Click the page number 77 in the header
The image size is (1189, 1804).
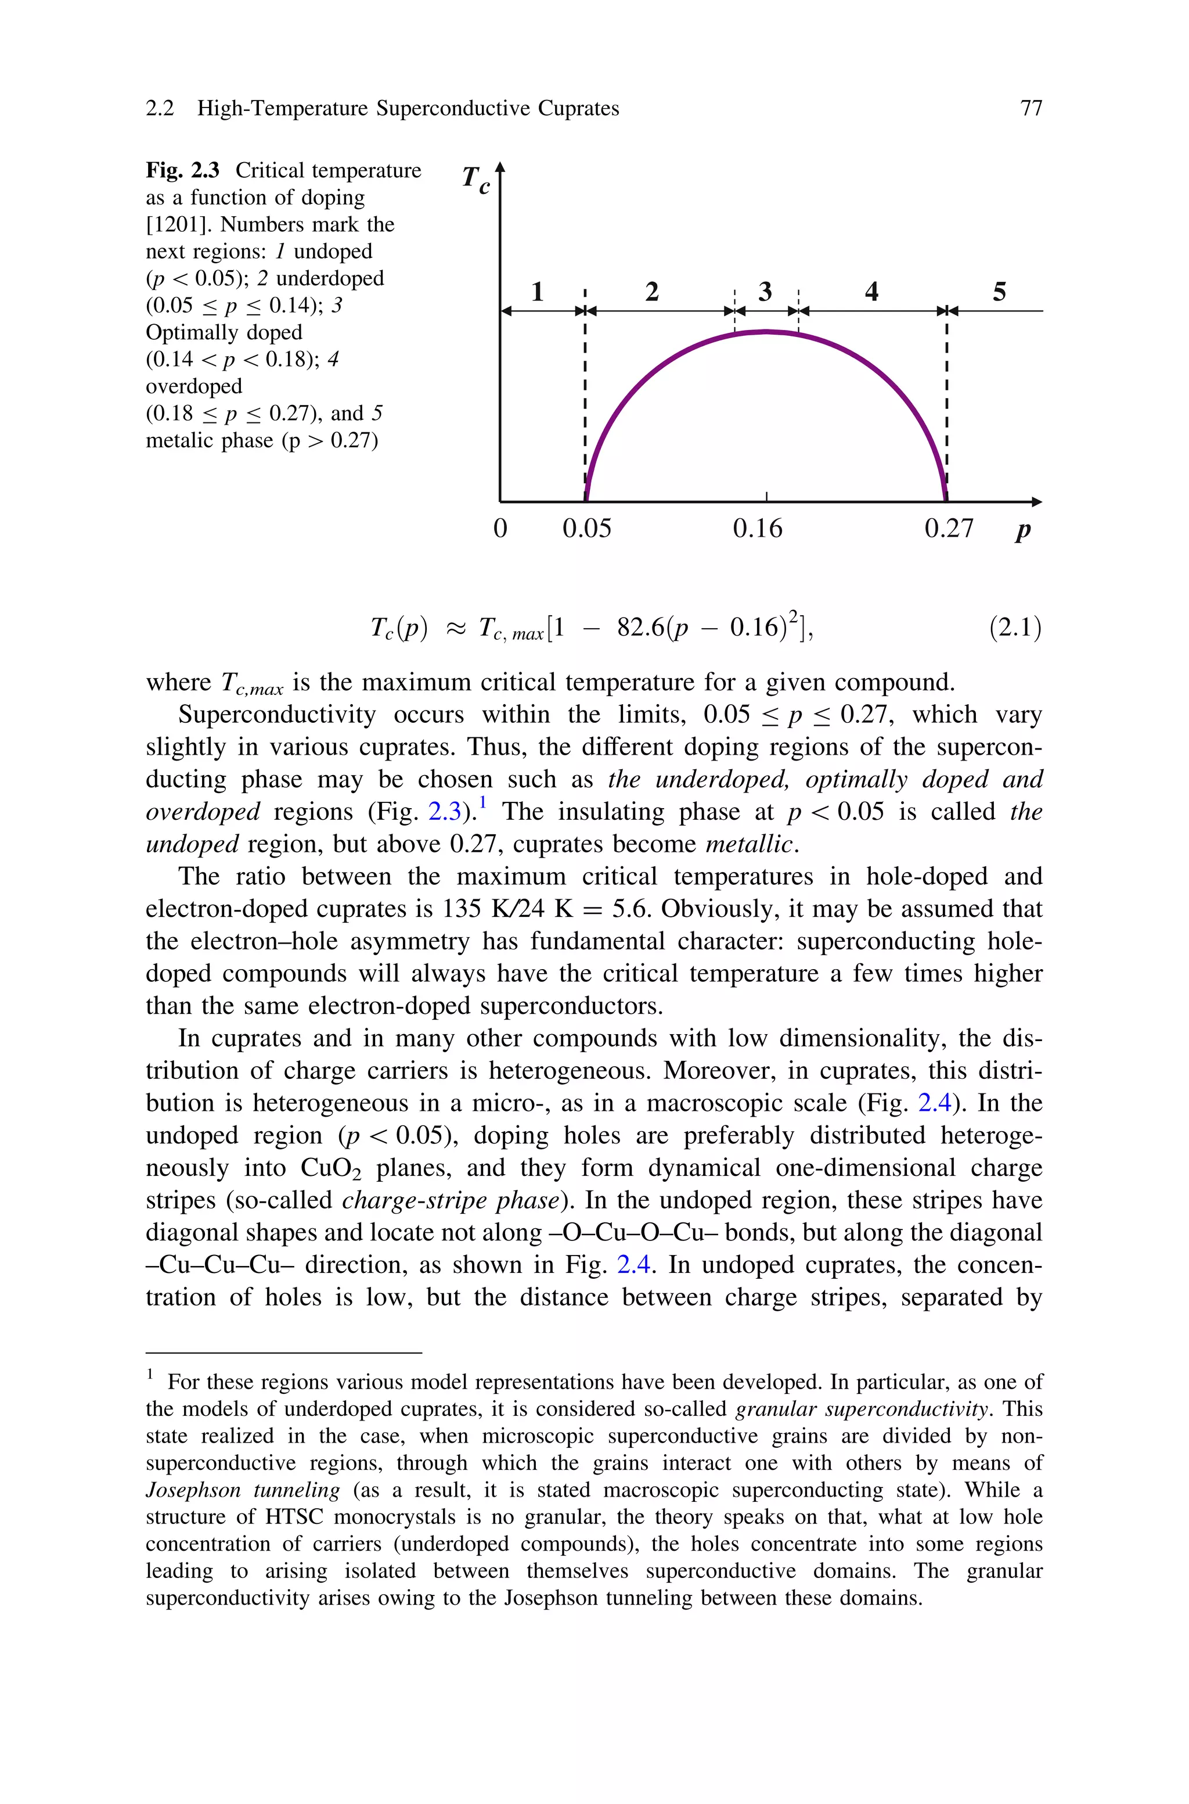tap(1031, 109)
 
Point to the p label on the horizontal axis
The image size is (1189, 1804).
tap(1023, 529)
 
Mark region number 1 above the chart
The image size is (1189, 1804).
tap(538, 291)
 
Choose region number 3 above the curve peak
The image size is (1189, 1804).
tap(765, 291)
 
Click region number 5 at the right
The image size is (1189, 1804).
tap(999, 291)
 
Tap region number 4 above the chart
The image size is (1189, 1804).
tap(871, 291)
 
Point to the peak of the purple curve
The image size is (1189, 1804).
tap(766, 332)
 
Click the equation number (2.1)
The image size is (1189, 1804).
tap(1015, 628)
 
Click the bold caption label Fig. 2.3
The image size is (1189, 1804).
tap(182, 171)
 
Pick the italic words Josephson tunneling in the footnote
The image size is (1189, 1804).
tap(243, 1490)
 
